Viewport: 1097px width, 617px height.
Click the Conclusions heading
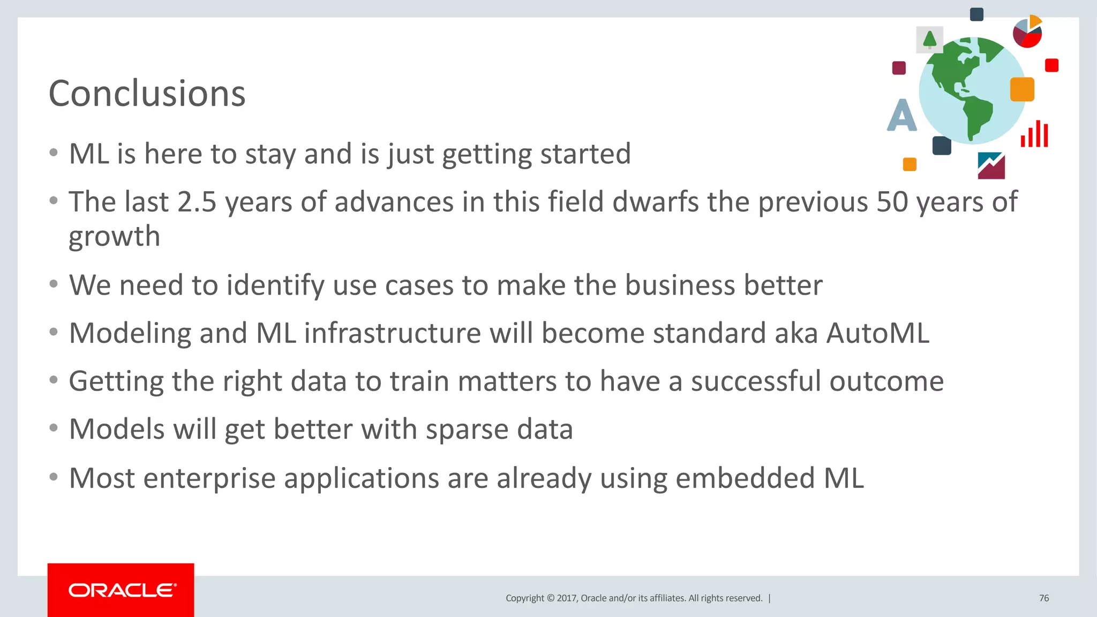[x=147, y=94]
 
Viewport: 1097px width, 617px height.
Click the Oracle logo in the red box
[x=122, y=590]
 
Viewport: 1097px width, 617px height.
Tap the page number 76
[x=1043, y=598]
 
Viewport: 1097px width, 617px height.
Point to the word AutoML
[x=877, y=333]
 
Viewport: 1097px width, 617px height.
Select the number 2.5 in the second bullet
[x=197, y=202]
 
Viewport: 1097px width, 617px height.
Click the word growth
[x=114, y=237]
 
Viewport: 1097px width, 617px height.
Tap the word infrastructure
[x=393, y=333]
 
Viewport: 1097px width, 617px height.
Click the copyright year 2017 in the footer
[x=566, y=598]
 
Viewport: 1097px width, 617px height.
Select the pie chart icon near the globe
[x=1027, y=32]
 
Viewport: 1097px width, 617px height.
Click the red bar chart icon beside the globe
[x=1034, y=134]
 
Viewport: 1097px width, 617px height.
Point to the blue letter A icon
[x=901, y=115]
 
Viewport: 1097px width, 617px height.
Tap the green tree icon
[x=929, y=40]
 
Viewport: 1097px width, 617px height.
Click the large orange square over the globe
[x=1022, y=89]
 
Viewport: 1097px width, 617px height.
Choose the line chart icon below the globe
[x=991, y=165]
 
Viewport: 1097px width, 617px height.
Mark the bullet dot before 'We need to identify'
[x=53, y=284]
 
